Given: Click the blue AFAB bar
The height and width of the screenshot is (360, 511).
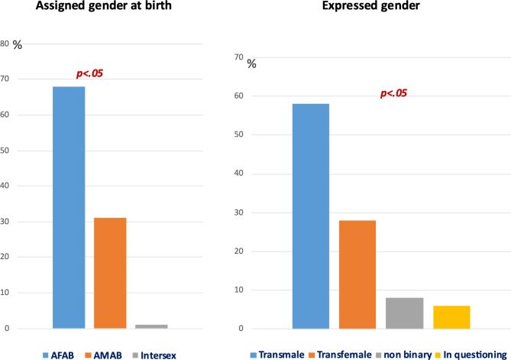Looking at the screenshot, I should tap(69, 207).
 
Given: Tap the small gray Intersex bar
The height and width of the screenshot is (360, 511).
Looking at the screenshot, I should tap(151, 326).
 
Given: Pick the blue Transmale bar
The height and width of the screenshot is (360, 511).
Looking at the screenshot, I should tap(310, 216).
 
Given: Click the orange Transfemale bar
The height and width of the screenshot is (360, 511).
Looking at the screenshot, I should tap(357, 274).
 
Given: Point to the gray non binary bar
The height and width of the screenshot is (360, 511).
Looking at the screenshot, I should tap(404, 313).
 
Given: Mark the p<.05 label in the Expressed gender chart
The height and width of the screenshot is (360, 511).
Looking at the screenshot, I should tap(396, 94).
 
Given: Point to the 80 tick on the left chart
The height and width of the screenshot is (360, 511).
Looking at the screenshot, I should tap(5, 44).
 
